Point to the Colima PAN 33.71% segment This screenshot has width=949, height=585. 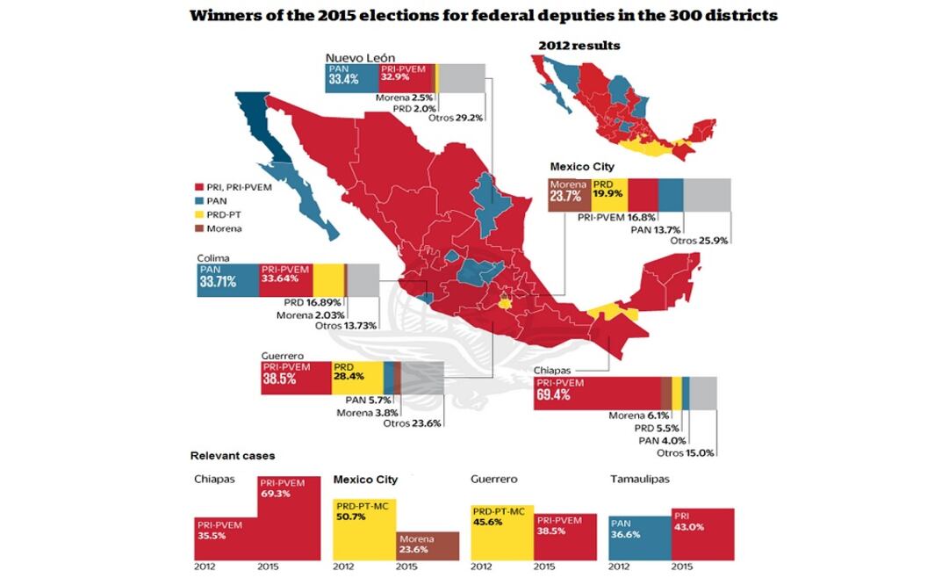(227, 280)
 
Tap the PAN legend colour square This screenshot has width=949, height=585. (199, 200)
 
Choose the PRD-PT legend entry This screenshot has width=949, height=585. (218, 214)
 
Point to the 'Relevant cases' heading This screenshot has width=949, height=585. (233, 456)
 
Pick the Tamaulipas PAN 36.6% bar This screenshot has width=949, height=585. (639, 538)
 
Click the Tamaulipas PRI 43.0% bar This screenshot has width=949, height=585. (702, 532)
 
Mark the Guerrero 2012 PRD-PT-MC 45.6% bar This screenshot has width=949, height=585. (502, 531)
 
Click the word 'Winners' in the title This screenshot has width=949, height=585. (232, 15)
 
